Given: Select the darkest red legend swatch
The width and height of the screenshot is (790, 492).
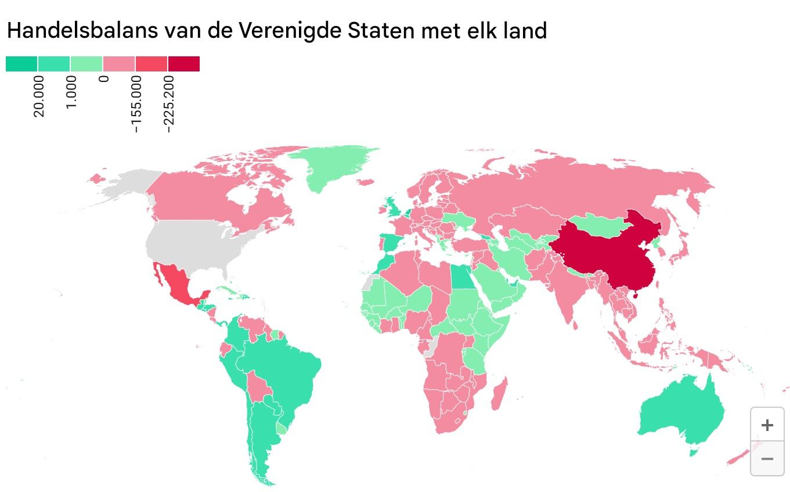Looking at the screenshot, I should (183, 64).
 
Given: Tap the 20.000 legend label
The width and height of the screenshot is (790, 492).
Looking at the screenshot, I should (39, 96).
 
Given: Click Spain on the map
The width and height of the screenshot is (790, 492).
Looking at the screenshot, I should (390, 243).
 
